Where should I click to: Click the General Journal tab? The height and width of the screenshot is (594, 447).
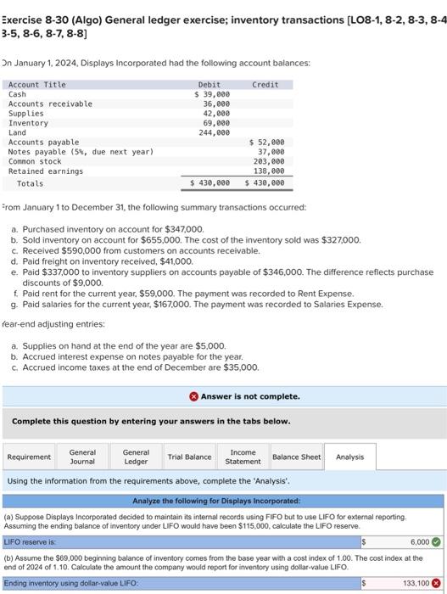82,457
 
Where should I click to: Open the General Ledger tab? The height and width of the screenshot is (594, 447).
136,457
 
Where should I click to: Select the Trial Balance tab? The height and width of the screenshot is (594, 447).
189,457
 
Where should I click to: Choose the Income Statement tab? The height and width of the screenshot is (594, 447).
243,457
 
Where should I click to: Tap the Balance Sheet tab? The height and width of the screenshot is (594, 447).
296,457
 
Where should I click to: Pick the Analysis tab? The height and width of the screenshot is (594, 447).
349,457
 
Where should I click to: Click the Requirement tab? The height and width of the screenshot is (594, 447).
29,457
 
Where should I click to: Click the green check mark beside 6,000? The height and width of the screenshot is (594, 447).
436,541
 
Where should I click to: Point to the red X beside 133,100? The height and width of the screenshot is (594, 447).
436,583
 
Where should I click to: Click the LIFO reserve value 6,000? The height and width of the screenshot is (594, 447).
419,541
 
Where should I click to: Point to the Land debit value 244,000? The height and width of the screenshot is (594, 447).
215,132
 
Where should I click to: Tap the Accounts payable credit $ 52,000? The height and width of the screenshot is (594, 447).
267,142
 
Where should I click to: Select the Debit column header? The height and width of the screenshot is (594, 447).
209,84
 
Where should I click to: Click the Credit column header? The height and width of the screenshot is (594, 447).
265,84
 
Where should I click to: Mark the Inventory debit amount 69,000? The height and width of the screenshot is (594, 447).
216,123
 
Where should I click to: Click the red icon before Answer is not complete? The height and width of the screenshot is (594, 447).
193,396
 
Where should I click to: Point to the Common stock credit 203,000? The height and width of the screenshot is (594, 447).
269,161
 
